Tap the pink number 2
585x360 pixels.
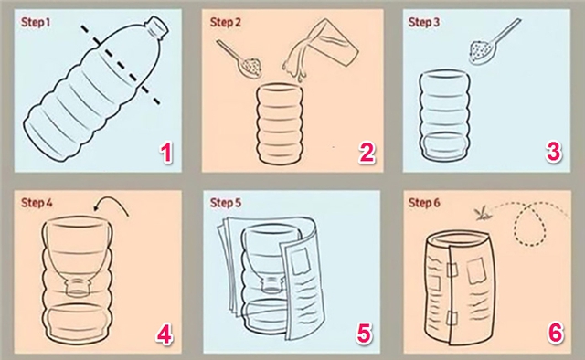coord(366,153)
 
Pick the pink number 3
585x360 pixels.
coord(553,152)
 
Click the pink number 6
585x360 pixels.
coord(554,332)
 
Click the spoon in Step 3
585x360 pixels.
coord(480,48)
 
